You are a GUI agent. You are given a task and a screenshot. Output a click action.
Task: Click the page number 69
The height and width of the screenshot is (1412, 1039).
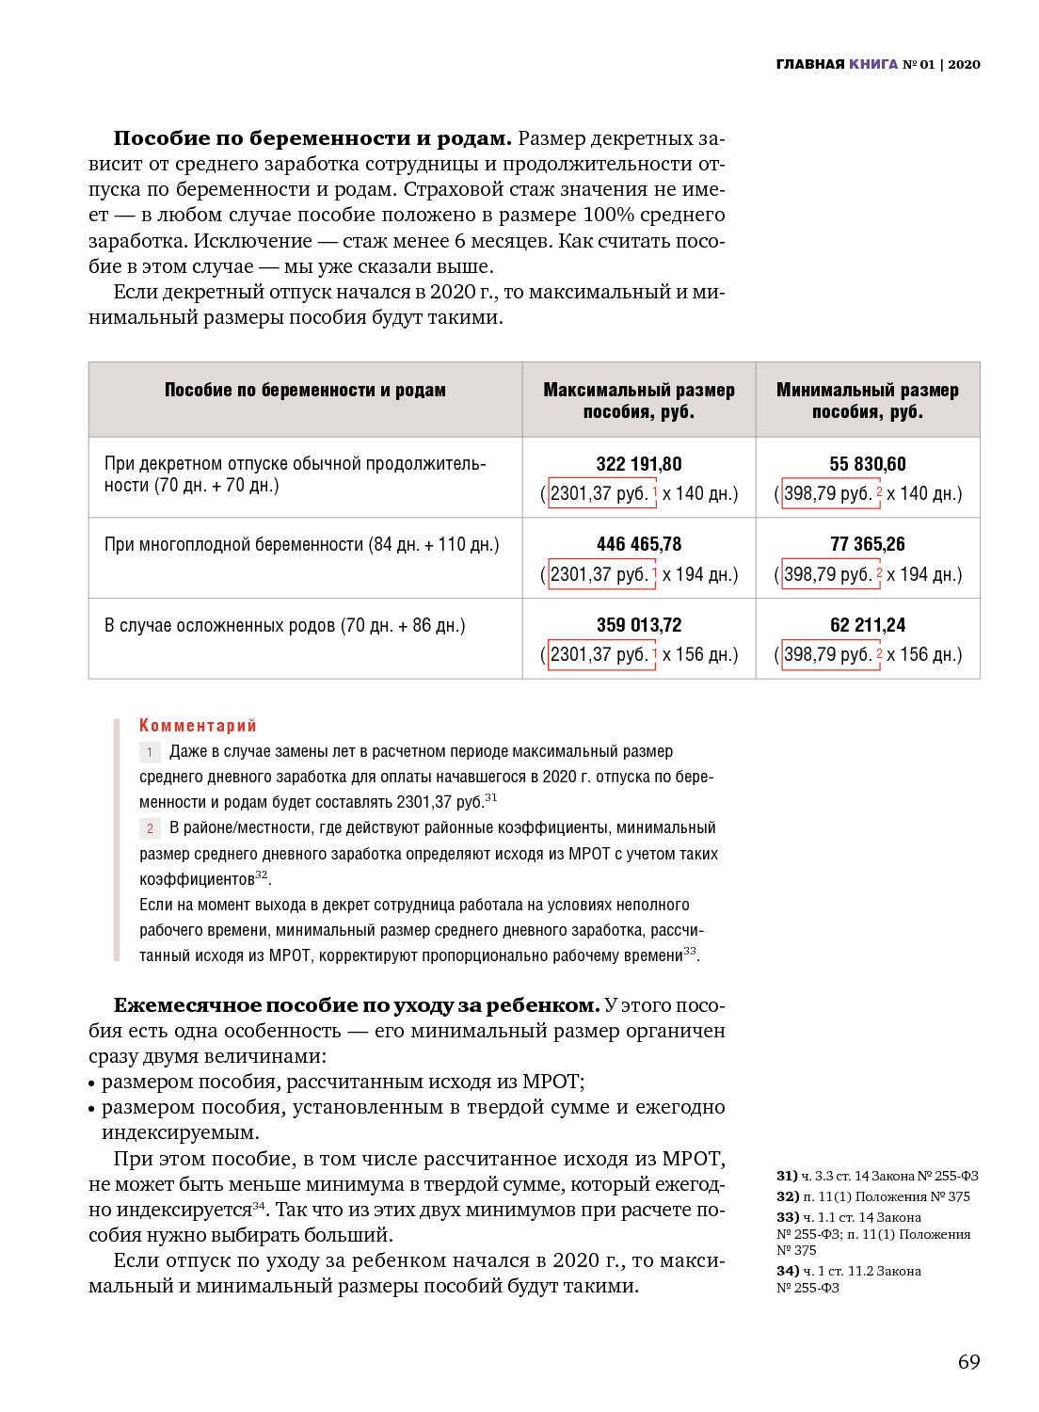point(968,1361)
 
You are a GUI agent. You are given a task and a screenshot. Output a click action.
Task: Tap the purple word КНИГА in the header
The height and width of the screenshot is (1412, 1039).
point(872,64)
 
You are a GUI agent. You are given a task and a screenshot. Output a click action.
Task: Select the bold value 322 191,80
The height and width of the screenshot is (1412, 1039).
point(638,464)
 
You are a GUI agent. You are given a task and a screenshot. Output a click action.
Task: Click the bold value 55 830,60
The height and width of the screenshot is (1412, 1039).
point(867,464)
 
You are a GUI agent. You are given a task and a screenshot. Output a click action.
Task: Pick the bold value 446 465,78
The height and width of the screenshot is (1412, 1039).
point(638,544)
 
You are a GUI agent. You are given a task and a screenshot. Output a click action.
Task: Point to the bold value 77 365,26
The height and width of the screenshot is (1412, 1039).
point(867,544)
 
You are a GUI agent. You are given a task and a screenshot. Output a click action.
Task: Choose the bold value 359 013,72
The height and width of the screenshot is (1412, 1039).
point(638,625)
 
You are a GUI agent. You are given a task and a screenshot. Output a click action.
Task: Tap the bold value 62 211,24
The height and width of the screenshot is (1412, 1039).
point(867,625)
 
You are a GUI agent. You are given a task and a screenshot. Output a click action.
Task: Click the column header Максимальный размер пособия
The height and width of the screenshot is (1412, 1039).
point(638,400)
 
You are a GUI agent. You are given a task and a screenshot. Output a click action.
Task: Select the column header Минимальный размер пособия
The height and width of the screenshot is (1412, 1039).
point(867,400)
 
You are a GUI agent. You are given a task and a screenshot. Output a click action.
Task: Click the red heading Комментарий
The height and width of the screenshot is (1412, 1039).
point(198,726)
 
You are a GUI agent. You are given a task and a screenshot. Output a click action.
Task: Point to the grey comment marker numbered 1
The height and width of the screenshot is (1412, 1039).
point(150,752)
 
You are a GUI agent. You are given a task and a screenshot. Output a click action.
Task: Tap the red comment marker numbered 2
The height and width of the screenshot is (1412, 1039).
point(150,828)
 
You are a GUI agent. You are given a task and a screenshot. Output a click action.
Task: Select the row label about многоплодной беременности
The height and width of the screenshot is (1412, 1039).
point(301,544)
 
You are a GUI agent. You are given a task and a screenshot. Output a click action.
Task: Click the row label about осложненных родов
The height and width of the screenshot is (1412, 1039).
point(284,625)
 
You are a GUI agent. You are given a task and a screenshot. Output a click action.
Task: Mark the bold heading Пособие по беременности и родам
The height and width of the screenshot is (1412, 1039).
point(312,138)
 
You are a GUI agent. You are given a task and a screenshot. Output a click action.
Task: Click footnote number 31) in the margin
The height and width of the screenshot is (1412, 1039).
point(787,1176)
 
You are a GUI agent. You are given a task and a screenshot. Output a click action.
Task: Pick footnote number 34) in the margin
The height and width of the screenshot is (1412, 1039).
point(787,1271)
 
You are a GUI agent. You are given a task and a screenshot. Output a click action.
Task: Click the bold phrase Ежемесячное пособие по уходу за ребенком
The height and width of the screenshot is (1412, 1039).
point(357,1005)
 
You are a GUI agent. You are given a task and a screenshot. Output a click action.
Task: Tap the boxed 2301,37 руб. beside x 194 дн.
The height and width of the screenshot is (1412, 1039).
point(599,574)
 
